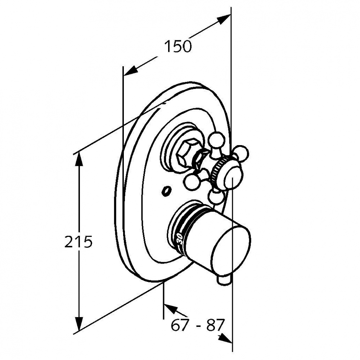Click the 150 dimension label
(178, 46)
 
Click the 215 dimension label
(78, 241)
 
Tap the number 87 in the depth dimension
(215, 325)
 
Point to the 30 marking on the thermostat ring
(179, 239)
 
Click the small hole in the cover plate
(166, 190)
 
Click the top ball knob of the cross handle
(216, 139)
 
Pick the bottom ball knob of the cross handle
(216, 197)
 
